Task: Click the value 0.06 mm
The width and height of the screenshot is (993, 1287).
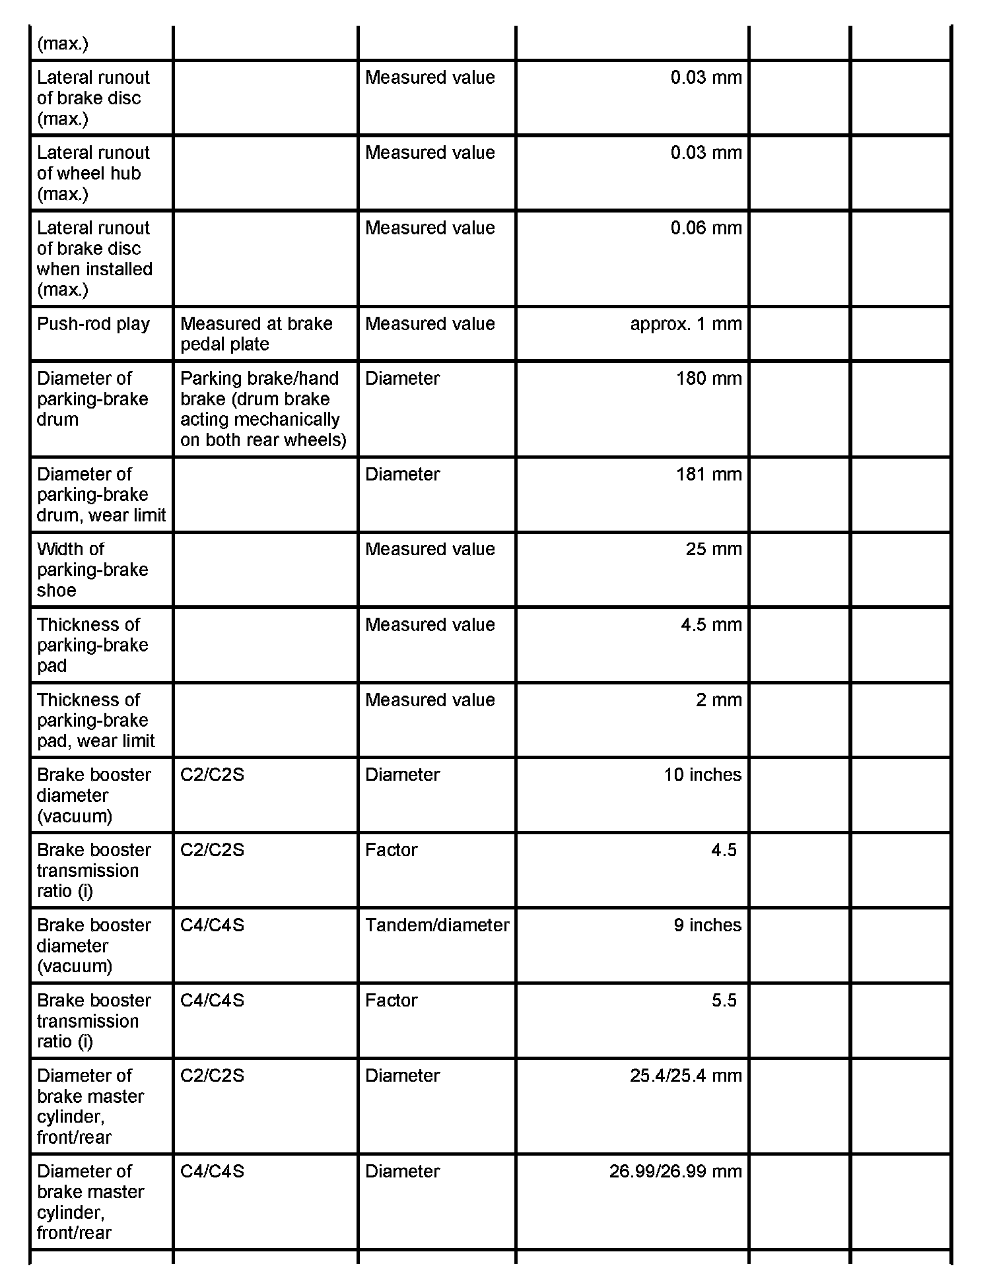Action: [706, 228]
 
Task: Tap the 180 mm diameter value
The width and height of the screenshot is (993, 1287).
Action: [708, 379]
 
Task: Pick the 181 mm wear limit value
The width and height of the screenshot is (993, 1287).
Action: [708, 475]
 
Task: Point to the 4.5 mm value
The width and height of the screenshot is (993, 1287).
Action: [711, 624]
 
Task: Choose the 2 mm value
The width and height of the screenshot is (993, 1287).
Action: [718, 700]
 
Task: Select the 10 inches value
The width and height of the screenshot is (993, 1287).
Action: [702, 775]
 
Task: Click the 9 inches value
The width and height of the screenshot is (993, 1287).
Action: [707, 925]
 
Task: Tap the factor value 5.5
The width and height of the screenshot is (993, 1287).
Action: [724, 1001]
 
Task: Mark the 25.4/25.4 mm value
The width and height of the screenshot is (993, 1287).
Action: [685, 1076]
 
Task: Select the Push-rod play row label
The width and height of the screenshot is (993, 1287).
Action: [93, 324]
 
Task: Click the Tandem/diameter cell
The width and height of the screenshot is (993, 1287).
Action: [436, 925]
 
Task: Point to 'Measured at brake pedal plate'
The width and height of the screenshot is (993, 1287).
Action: [256, 334]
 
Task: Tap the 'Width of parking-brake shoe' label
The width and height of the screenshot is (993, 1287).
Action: [92, 570]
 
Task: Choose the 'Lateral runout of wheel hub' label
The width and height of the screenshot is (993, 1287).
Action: [93, 173]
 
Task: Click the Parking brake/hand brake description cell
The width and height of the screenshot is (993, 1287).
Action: [263, 409]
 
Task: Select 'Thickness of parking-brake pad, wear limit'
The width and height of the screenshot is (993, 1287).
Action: [96, 720]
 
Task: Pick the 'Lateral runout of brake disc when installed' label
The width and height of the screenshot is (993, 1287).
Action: [94, 259]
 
